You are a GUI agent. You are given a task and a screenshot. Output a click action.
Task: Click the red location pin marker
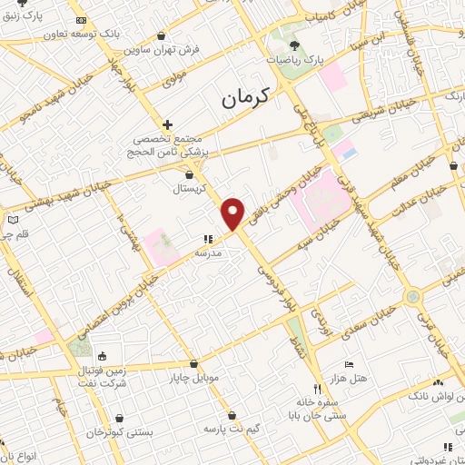point(233,213)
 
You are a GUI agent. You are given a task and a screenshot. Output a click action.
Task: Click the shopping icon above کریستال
point(189,175)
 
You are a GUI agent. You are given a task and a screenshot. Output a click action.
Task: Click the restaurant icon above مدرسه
point(207,240)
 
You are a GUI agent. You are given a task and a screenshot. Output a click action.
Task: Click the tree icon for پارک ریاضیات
point(293,45)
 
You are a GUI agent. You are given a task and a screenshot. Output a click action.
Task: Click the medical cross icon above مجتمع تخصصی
point(168,124)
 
